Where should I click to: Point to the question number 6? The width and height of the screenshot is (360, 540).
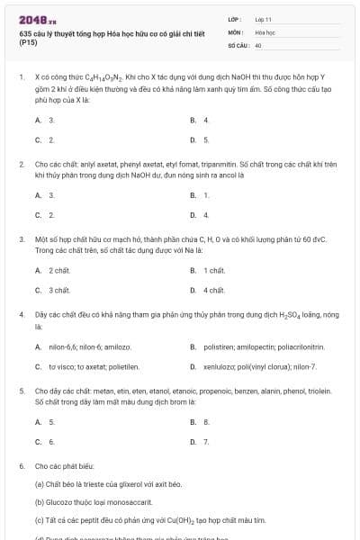(21, 467)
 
